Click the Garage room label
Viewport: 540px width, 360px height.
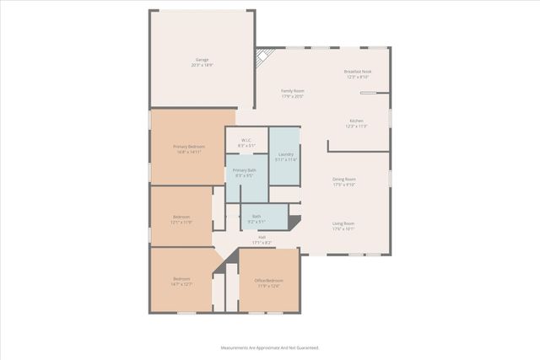click(202, 59)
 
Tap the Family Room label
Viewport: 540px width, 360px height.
click(293, 90)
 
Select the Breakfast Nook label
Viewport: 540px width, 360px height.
click(358, 72)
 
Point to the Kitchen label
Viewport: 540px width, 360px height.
click(357, 121)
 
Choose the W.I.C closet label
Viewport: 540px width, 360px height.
click(246, 140)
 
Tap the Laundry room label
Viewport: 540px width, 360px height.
click(286, 153)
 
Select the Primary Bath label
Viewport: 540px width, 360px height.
click(246, 170)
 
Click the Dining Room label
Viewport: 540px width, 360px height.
click(343, 179)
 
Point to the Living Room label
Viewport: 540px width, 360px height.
click(343, 223)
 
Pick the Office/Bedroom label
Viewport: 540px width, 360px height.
click(270, 280)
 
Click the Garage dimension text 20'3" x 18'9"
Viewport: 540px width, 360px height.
click(202, 65)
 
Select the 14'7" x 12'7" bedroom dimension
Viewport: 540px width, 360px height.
click(182, 284)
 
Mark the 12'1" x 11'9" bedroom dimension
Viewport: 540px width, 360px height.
click(181, 223)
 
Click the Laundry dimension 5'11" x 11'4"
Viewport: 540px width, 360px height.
click(286, 159)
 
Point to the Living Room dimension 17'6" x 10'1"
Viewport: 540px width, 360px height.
click(343, 228)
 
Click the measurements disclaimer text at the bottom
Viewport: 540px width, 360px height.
click(270, 347)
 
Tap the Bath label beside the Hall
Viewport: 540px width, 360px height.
click(256, 217)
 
